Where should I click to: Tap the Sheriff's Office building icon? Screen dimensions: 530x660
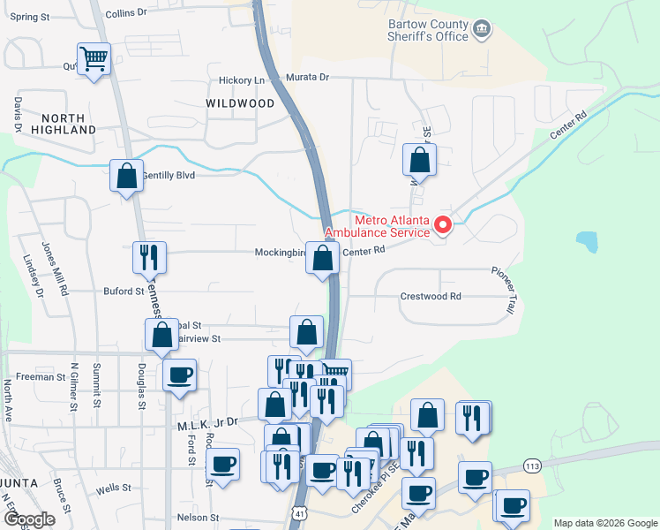pyautogui.click(x=482, y=30)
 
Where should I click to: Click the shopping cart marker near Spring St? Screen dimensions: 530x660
pyautogui.click(x=94, y=60)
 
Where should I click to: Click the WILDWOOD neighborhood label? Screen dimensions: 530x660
pyautogui.click(x=240, y=103)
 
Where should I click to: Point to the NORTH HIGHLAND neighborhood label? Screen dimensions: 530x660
pyautogui.click(x=56, y=124)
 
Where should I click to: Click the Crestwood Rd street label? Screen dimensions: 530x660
pyautogui.click(x=431, y=297)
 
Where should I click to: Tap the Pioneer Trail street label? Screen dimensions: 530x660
pyautogui.click(x=505, y=292)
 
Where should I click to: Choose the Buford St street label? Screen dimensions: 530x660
pyautogui.click(x=123, y=291)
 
